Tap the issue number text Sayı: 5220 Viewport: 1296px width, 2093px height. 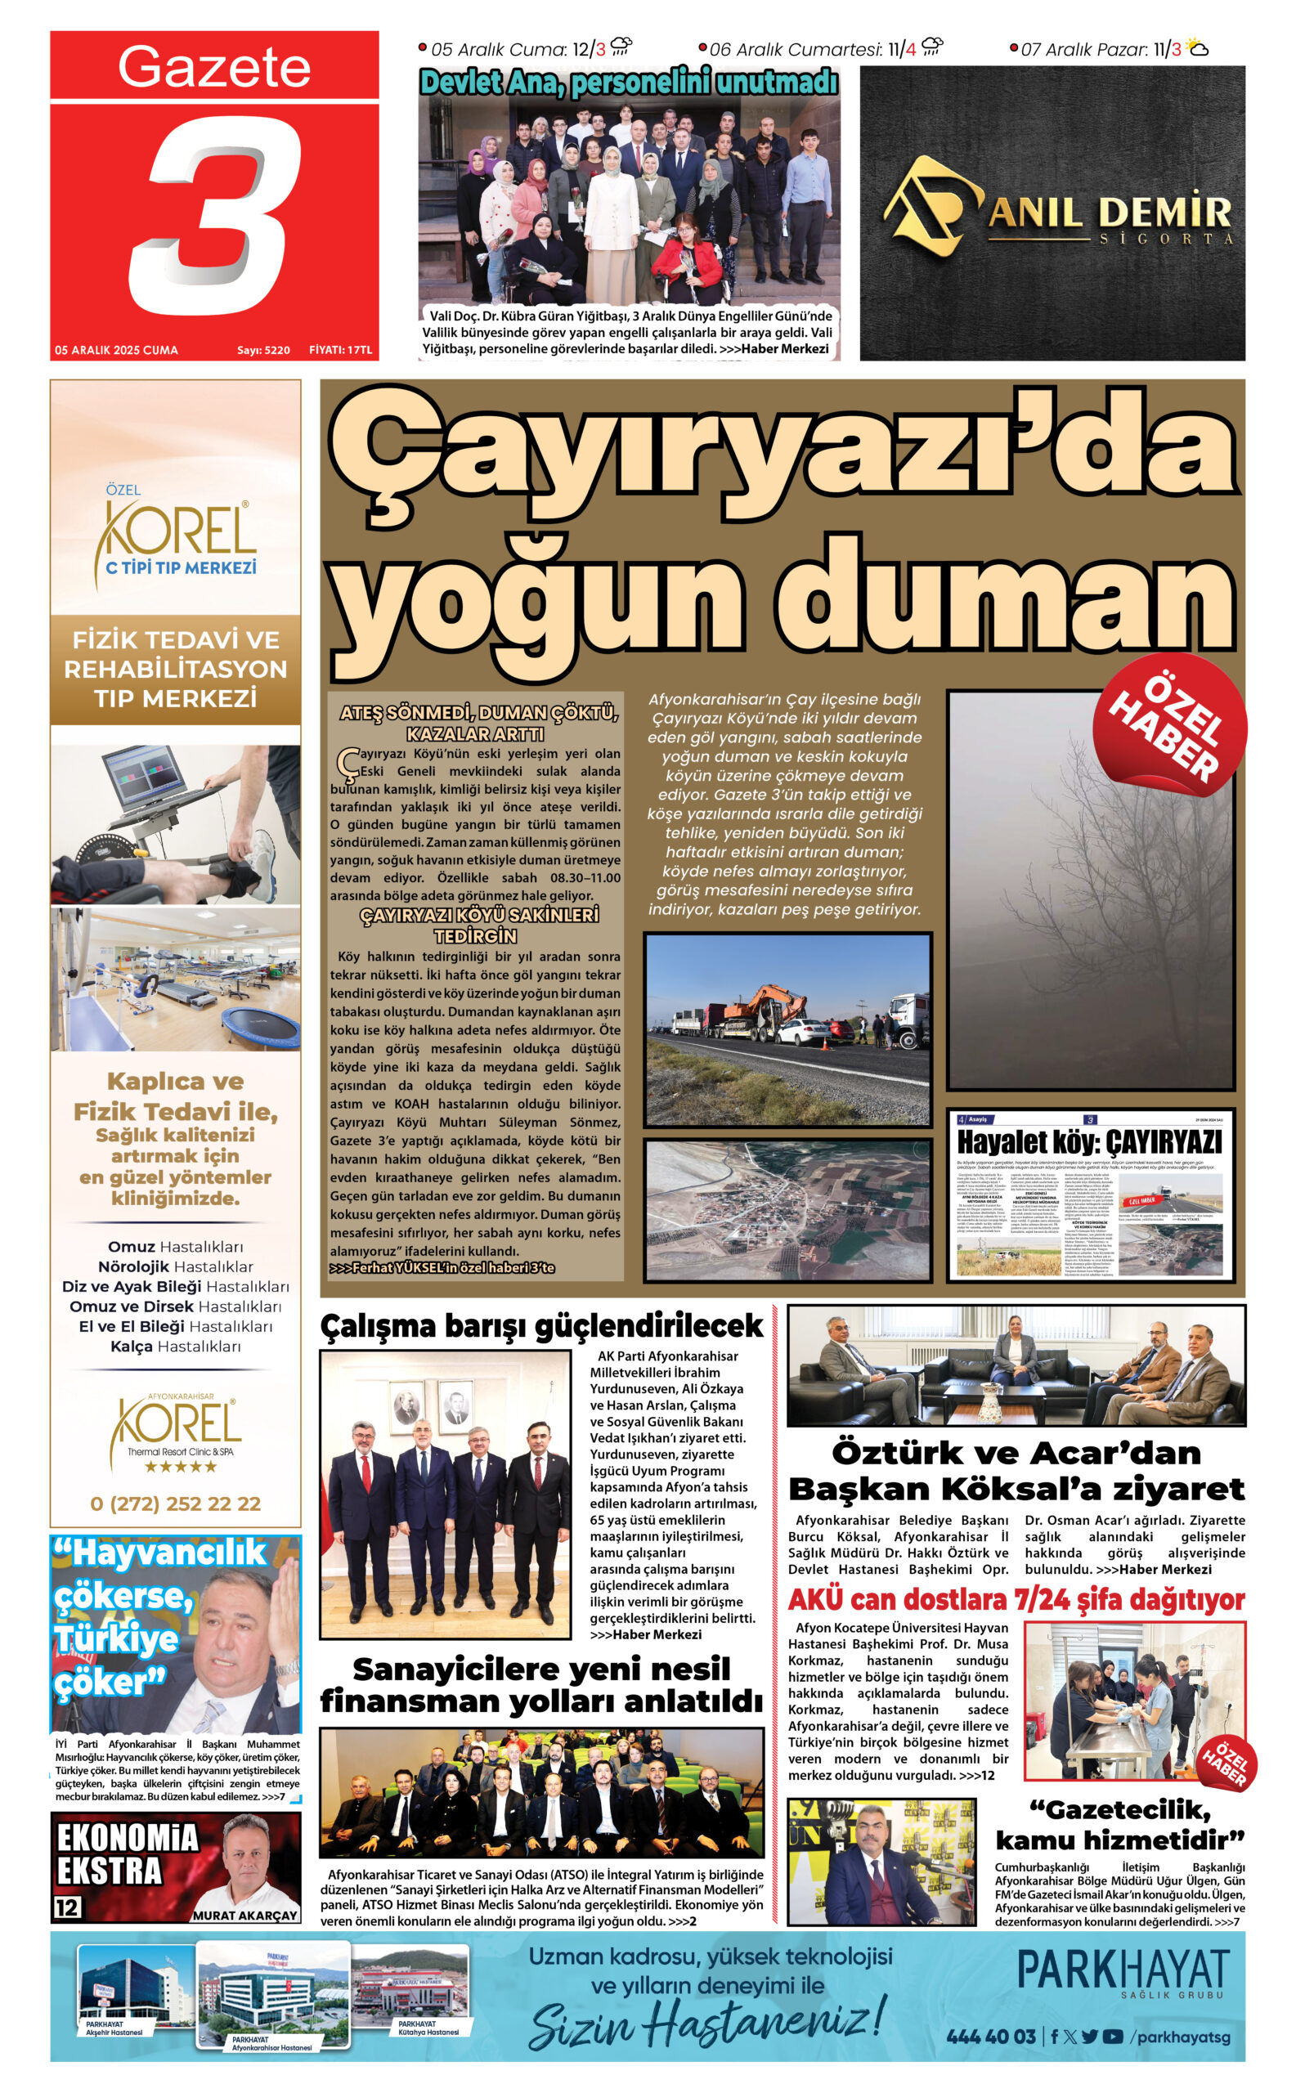click(263, 351)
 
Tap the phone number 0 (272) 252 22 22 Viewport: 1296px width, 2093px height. click(175, 1504)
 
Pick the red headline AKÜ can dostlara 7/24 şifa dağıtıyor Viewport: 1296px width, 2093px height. click(1016, 1600)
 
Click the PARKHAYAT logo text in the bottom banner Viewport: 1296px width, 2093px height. click(1123, 1971)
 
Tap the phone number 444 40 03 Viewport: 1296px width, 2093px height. click(991, 2037)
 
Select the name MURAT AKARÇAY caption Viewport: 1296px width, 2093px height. click(244, 1915)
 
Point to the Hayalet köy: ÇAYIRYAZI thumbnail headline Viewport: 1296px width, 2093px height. click(1089, 1142)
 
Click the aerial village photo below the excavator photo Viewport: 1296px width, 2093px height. click(787, 1209)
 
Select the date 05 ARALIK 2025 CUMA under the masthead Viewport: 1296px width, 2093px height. click(117, 351)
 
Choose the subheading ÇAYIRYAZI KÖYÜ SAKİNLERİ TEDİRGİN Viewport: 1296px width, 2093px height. click(478, 925)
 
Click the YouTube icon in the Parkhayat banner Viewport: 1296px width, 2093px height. click(1113, 2037)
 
